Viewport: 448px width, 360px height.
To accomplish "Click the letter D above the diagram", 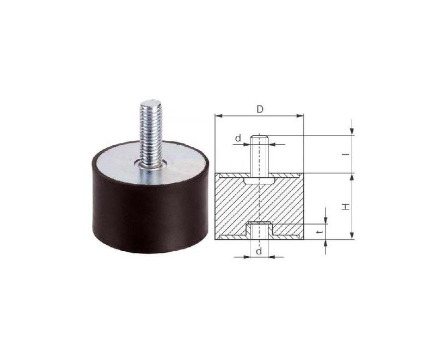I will coord(260,109).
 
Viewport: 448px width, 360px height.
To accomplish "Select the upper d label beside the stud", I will coord(238,138).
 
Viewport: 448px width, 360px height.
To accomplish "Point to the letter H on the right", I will coord(345,207).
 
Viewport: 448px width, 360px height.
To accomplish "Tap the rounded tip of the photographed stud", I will coord(149,103).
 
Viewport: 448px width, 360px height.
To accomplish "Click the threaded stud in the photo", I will coord(150,133).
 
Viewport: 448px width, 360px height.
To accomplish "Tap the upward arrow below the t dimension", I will coord(326,244).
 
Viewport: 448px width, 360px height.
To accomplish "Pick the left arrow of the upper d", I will coord(247,144).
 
